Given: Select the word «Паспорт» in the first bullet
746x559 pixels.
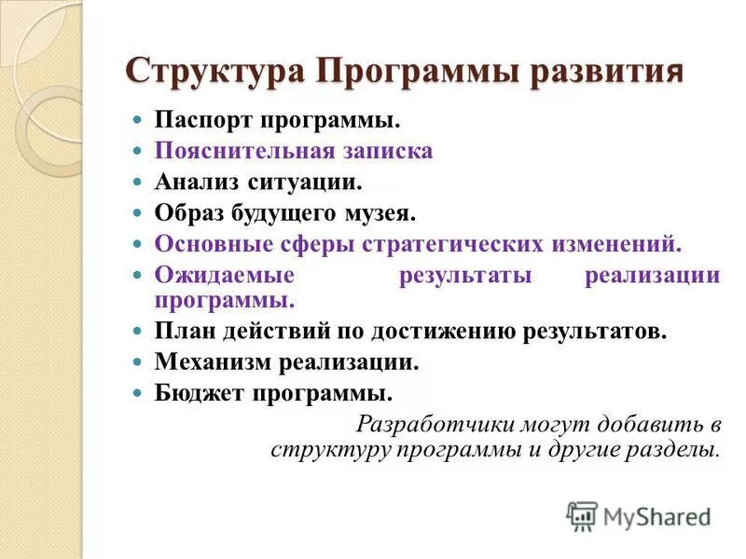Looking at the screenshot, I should point(202,121).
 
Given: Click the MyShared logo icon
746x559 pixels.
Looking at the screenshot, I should point(581,516).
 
